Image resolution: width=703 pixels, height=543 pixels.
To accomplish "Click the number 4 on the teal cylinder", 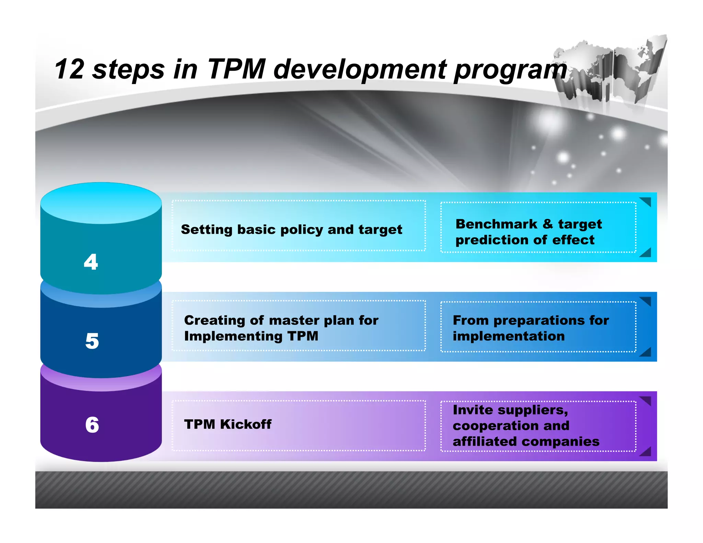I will click(x=91, y=262).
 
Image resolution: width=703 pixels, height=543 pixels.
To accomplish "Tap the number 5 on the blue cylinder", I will click(x=92, y=341).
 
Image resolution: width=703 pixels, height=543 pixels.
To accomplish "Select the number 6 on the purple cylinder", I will click(x=92, y=425).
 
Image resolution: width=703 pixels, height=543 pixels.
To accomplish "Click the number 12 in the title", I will click(x=69, y=69).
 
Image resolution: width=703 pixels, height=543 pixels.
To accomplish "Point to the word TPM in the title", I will click(x=237, y=69).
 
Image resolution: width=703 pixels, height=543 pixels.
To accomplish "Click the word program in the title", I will click(x=510, y=70).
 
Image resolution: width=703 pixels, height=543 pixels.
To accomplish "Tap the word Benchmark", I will click(x=496, y=224).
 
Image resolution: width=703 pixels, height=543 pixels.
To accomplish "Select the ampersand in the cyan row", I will click(x=548, y=224).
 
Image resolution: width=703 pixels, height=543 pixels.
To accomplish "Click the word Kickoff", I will click(x=245, y=425).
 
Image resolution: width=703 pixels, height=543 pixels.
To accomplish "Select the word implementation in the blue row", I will click(x=508, y=336).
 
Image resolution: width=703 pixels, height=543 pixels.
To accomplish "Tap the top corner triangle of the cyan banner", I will click(x=646, y=201).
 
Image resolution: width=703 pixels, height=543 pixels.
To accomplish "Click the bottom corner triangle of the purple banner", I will click(x=646, y=452).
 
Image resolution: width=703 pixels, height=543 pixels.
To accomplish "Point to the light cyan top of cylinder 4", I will click(x=101, y=203).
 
